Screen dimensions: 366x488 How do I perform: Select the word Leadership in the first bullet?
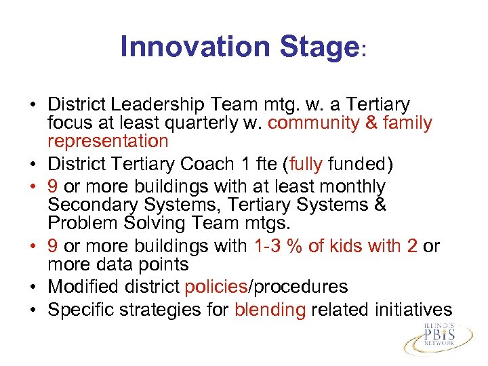[159, 105]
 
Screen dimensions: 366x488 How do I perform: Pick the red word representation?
[108, 141]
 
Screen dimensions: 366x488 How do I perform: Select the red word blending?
[270, 310]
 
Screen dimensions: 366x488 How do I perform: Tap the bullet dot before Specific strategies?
[33, 311]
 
